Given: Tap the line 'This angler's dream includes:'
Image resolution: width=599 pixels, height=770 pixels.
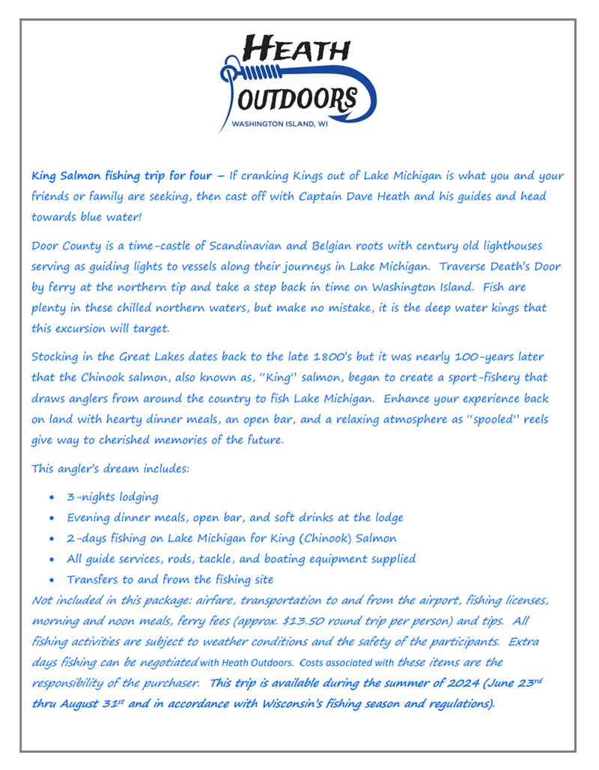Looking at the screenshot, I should click(111, 470).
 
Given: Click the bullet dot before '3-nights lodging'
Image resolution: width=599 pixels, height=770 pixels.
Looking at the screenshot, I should click(50, 497).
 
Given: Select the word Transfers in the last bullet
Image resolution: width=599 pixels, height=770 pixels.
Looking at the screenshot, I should click(95, 579).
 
